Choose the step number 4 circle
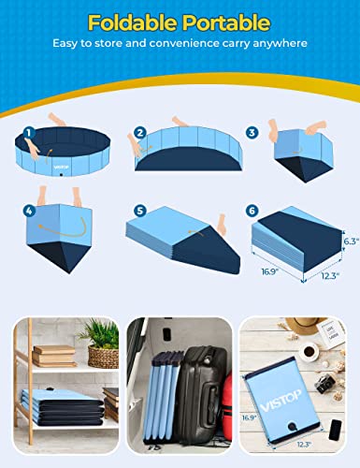(x=29, y=212)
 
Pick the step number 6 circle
(x=251, y=212)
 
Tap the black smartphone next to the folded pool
(x=336, y=427)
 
